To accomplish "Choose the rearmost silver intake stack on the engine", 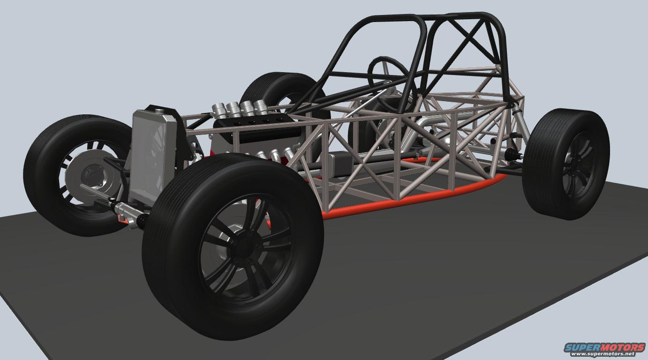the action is point(261,106).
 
